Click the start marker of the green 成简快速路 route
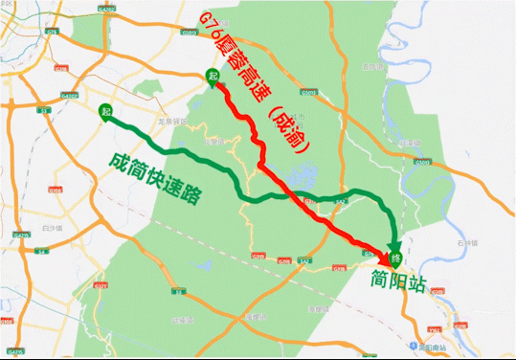coord(104,110)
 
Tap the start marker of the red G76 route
coord(213,76)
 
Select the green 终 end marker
coord(395,254)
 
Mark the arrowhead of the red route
coord(392,259)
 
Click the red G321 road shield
coord(258,256)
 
